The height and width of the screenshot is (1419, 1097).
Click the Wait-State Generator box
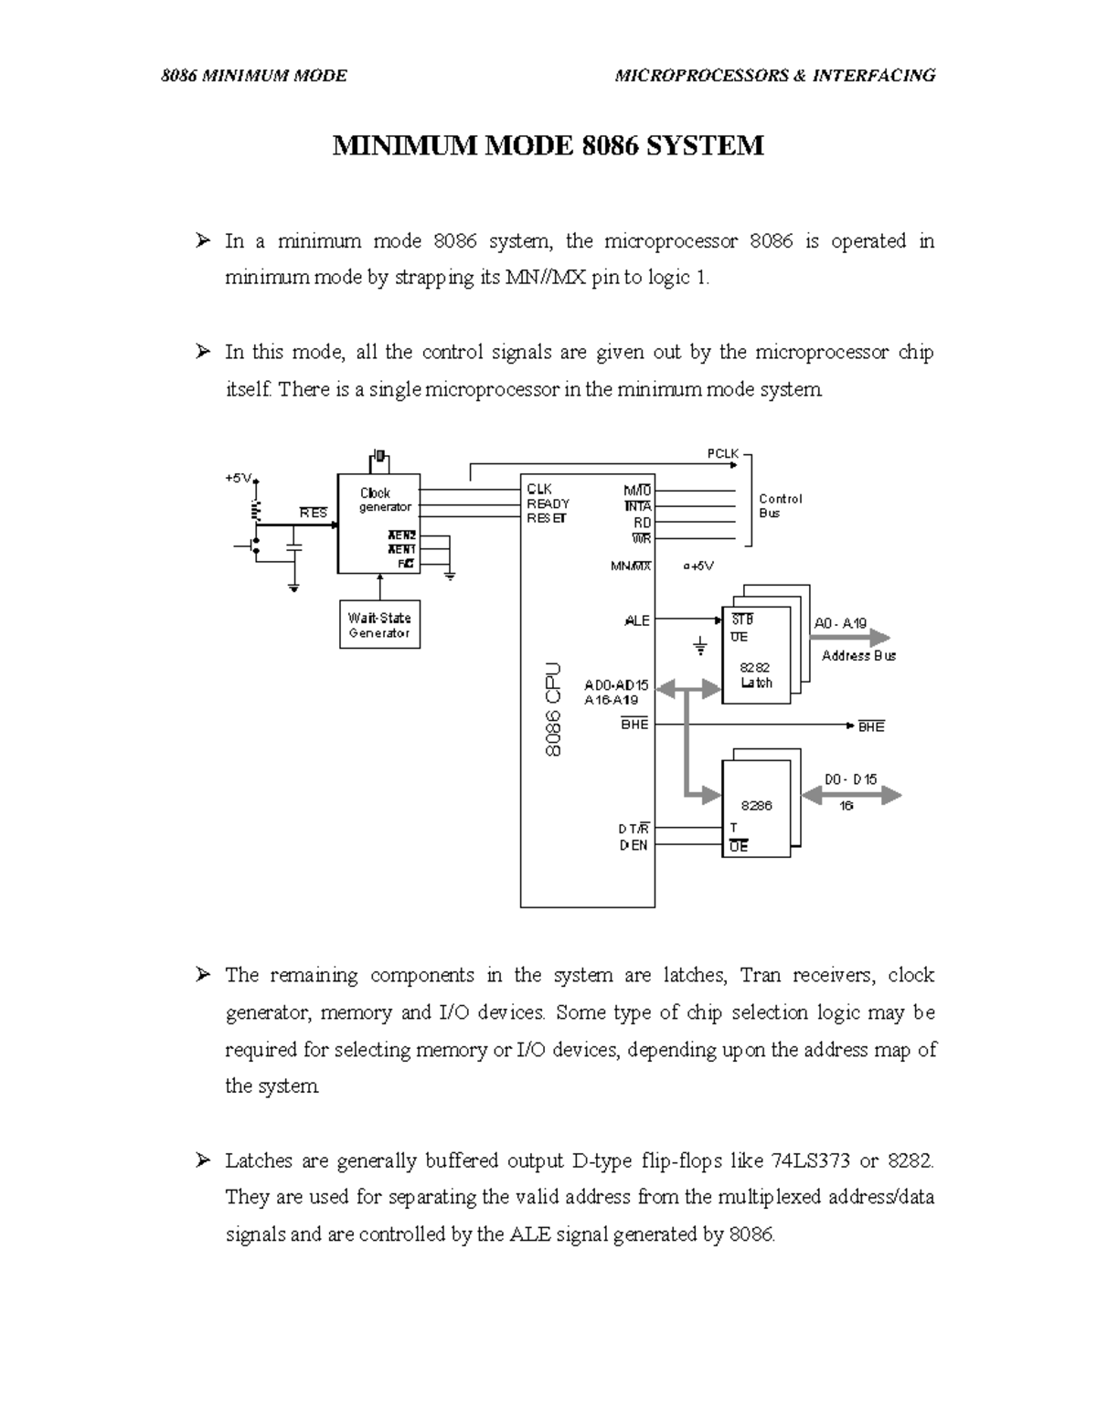click(379, 624)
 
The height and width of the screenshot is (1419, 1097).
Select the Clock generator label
click(385, 500)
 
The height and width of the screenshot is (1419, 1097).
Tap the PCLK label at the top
click(722, 453)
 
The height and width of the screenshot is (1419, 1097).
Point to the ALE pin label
click(637, 620)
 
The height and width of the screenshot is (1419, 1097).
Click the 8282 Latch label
click(756, 675)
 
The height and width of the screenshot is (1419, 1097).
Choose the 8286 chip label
click(757, 806)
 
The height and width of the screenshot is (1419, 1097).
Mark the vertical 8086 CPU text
click(553, 710)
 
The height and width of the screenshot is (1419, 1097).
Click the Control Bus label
click(780, 505)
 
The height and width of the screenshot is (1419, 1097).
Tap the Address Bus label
click(858, 656)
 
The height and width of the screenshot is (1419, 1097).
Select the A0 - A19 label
click(840, 623)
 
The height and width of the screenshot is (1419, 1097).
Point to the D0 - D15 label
click(851, 779)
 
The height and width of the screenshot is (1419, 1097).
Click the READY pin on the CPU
click(548, 503)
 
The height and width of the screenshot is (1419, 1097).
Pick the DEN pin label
click(634, 845)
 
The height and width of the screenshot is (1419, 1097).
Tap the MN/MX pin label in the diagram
click(631, 566)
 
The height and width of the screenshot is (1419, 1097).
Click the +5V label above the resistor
click(239, 478)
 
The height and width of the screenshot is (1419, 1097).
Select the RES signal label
click(313, 513)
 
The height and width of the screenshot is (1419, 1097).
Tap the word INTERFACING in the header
click(874, 76)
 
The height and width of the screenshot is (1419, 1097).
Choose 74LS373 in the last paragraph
click(811, 1160)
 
